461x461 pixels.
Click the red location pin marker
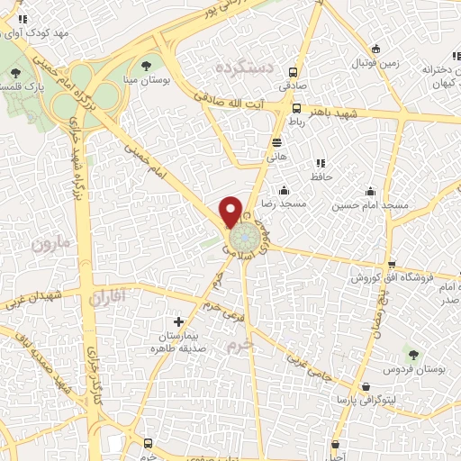[x=231, y=211]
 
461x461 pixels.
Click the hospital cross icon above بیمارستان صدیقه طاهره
[x=177, y=321]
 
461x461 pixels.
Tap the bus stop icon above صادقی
[x=293, y=72]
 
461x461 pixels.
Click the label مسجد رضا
[x=285, y=204]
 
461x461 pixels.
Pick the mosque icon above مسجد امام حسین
[x=370, y=191]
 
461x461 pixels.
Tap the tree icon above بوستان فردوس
[x=413, y=356]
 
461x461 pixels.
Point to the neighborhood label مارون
[x=49, y=243]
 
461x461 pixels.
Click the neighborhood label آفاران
[x=110, y=295]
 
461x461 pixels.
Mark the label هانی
[x=276, y=157]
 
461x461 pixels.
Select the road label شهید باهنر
[x=332, y=114]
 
